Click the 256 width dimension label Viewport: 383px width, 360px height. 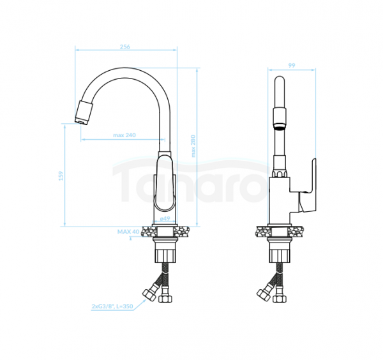125,47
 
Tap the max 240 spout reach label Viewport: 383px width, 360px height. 124,135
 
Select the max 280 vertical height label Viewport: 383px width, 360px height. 193,146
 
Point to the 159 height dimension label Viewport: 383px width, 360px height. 61,176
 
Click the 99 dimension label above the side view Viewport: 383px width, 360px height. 292,66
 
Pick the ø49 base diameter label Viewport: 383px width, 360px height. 165,218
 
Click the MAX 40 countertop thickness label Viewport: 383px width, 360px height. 128,232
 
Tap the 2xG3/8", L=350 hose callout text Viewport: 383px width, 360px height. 112,306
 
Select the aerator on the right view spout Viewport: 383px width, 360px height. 280,118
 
